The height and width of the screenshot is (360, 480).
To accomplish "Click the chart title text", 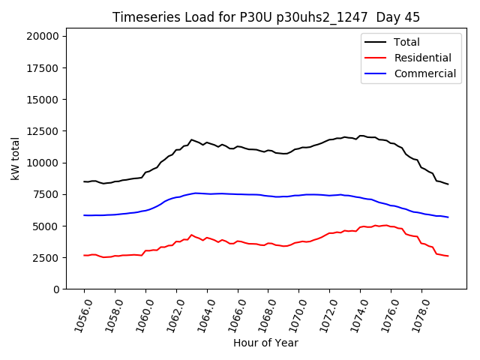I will (x=266, y=17).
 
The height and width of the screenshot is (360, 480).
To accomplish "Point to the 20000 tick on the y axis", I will (x=46, y=36).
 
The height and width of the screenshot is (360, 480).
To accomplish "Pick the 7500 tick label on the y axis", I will (x=49, y=194).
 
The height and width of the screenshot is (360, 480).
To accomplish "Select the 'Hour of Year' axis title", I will (x=265, y=343).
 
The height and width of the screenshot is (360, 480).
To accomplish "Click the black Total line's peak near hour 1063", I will (x=192, y=139).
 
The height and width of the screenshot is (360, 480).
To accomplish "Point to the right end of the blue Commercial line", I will (x=448, y=217).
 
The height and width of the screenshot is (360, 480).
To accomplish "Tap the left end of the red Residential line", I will (x=84, y=255).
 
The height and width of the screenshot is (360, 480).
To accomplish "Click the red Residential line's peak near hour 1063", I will (x=192, y=235).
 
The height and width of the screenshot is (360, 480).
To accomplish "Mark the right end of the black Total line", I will (x=448, y=184).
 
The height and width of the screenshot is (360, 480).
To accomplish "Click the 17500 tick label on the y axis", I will (x=46, y=67).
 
